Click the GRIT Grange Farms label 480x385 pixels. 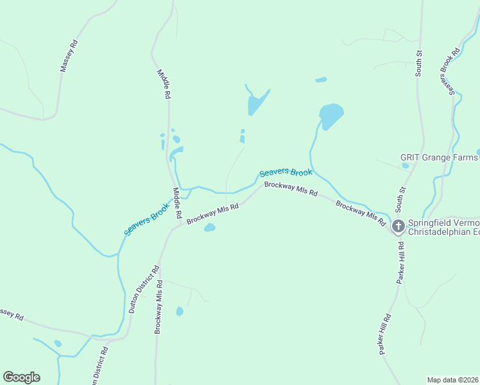tap(440, 157)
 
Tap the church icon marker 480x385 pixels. tap(398, 225)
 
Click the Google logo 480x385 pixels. tap(21, 377)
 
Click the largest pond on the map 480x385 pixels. tap(331, 116)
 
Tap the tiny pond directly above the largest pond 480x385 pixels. tap(321, 80)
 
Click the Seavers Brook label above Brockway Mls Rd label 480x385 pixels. tap(286, 173)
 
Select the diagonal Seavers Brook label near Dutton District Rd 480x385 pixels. tap(146, 219)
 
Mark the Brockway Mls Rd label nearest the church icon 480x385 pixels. tap(361, 213)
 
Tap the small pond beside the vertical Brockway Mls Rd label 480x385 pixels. tap(180, 312)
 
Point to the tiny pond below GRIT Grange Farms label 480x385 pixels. tap(405, 166)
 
